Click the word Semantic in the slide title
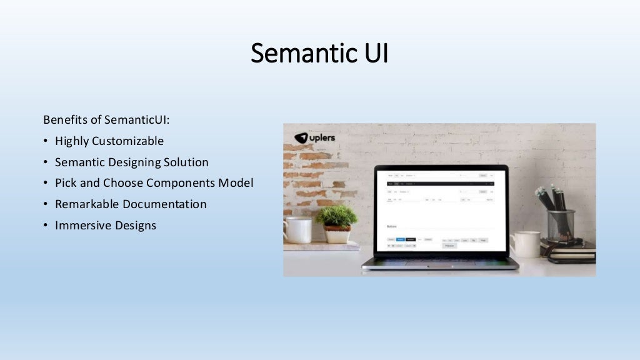296,54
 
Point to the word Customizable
127,141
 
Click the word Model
237,183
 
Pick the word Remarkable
87,204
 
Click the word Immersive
83,226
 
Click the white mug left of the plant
298,229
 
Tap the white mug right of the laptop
526,244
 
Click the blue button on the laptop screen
401,239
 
